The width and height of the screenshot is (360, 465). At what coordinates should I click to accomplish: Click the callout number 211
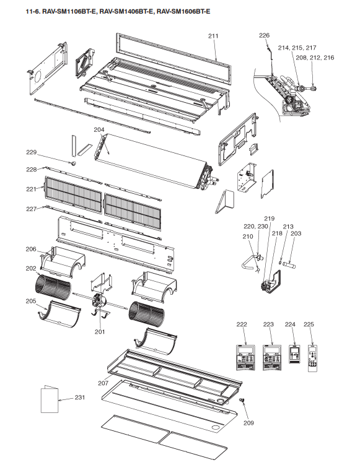[213, 36]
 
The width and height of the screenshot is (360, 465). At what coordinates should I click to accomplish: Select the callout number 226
[264, 35]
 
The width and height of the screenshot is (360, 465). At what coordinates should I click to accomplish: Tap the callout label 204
[99, 129]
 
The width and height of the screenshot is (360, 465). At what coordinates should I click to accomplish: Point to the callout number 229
[32, 152]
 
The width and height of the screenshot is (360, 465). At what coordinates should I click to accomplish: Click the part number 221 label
[31, 189]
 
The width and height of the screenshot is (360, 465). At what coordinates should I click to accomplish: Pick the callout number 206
[31, 249]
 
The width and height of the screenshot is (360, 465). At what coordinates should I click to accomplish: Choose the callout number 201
[100, 331]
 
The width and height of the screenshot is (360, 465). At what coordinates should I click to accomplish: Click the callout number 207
[103, 383]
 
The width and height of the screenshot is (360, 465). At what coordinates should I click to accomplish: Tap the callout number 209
[248, 423]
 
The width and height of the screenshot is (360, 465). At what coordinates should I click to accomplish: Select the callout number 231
[79, 397]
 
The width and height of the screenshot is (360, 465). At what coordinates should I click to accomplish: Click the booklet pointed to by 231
[50, 399]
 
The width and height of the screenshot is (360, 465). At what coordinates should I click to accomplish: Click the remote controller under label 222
[246, 357]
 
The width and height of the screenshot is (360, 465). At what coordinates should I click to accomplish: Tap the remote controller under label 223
[272, 357]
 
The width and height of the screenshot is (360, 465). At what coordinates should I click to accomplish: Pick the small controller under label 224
[295, 354]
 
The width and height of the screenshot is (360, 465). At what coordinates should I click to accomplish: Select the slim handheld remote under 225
[312, 358]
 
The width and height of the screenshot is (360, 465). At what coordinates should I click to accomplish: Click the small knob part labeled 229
[73, 163]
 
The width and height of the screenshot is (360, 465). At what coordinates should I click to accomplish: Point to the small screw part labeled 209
[242, 401]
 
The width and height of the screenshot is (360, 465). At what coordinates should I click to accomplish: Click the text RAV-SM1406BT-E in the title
[126, 12]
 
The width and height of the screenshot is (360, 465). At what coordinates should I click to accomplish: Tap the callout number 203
[296, 233]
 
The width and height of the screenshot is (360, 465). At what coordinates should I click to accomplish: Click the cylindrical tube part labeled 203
[289, 264]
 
